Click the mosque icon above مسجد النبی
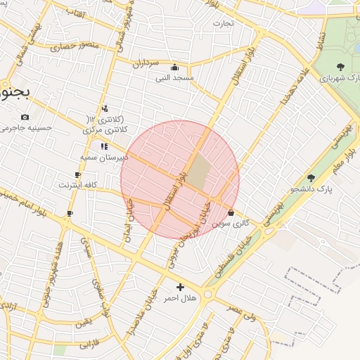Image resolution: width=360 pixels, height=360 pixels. pyautogui.click(x=174, y=67)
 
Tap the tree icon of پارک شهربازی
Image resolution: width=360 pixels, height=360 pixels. pyautogui.click(x=341, y=67)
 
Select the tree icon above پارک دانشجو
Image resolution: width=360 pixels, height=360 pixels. pyautogui.click(x=311, y=179)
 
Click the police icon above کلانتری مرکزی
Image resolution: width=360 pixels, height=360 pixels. pyautogui.click(x=105, y=108)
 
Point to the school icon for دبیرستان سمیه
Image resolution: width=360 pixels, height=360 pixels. pyautogui.click(x=104, y=147)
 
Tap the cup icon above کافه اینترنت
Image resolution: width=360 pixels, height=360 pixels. pyautogui.click(x=77, y=174)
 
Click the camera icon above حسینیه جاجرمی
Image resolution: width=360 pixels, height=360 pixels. pyautogui.click(x=25, y=117)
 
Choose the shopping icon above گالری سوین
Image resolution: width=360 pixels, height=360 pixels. pyautogui.click(x=231, y=212)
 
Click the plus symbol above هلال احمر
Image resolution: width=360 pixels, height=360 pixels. pyautogui.click(x=181, y=287)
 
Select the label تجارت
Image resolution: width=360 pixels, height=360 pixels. pyautogui.click(x=223, y=23)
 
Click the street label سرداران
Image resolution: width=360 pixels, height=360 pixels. pyautogui.click(x=148, y=62)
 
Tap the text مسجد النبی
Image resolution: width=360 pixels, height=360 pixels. pyautogui.click(x=174, y=78)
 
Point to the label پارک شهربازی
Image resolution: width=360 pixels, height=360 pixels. pyautogui.click(x=340, y=78)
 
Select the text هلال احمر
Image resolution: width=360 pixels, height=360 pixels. pyautogui.click(x=181, y=298)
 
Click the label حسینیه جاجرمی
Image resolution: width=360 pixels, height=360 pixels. pyautogui.click(x=27, y=128)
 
